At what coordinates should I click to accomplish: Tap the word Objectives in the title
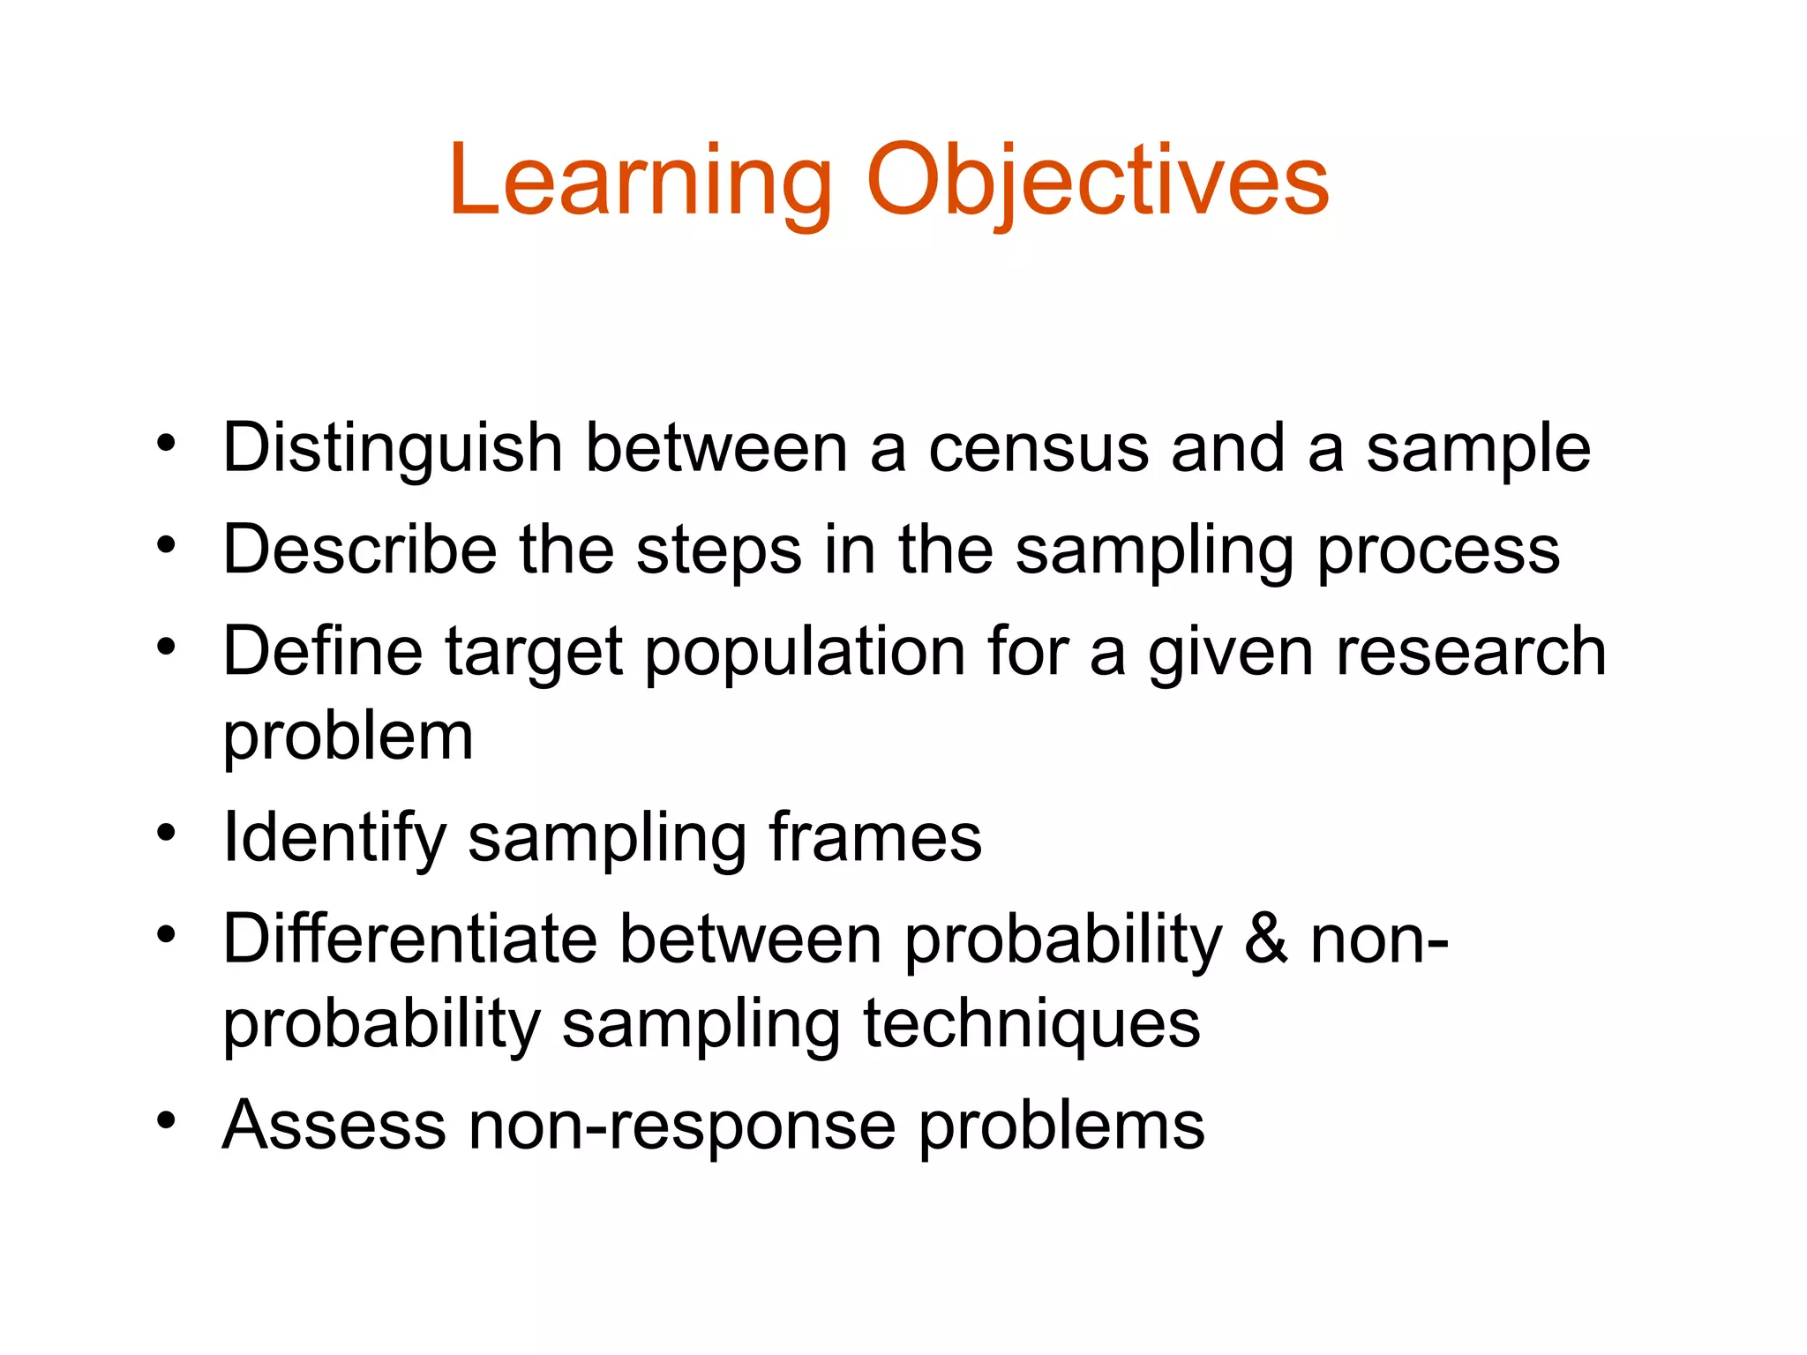coord(1098,183)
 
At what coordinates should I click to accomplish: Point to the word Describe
coord(360,550)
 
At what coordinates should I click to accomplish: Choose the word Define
coord(323,652)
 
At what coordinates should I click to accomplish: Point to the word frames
coord(874,837)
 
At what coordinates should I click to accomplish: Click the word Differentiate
coord(410,939)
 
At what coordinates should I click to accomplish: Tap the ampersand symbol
coord(1266,939)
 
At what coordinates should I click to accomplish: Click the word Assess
coord(334,1126)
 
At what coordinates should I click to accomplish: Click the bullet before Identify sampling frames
coord(166,832)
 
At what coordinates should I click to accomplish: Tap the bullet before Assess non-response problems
coord(166,1120)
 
